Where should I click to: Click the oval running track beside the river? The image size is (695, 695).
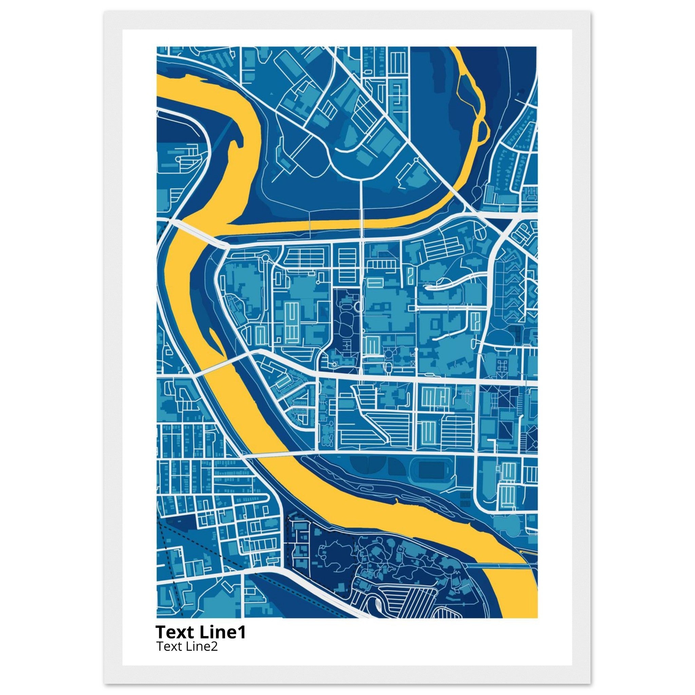pos(432,470)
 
